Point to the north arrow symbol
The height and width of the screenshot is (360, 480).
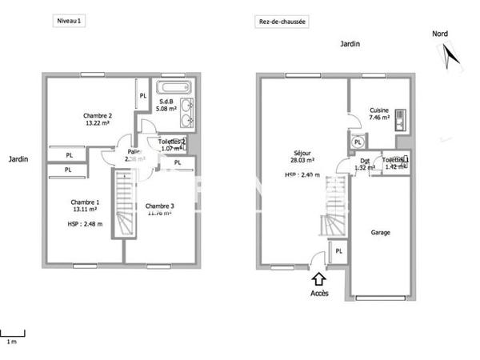(x=450, y=55)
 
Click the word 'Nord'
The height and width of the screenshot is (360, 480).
(x=439, y=34)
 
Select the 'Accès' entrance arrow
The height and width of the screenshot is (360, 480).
(x=318, y=279)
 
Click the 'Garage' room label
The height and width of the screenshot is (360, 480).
(x=381, y=233)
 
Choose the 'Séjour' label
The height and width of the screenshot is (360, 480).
(x=302, y=153)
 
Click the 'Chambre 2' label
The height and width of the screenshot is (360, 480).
(x=98, y=115)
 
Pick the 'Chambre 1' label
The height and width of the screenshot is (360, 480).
(x=85, y=202)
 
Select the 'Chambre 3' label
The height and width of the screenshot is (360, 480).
(x=159, y=206)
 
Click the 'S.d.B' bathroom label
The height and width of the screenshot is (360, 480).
(x=167, y=102)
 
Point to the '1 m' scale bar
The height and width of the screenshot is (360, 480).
(x=12, y=333)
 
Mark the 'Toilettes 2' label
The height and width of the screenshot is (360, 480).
(x=173, y=142)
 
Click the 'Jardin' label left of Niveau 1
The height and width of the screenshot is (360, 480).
(x=18, y=159)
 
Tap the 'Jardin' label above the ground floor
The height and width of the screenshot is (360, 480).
(x=348, y=45)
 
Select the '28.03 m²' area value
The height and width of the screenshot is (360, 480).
(x=302, y=160)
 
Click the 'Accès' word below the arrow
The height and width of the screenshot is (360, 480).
(x=319, y=294)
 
